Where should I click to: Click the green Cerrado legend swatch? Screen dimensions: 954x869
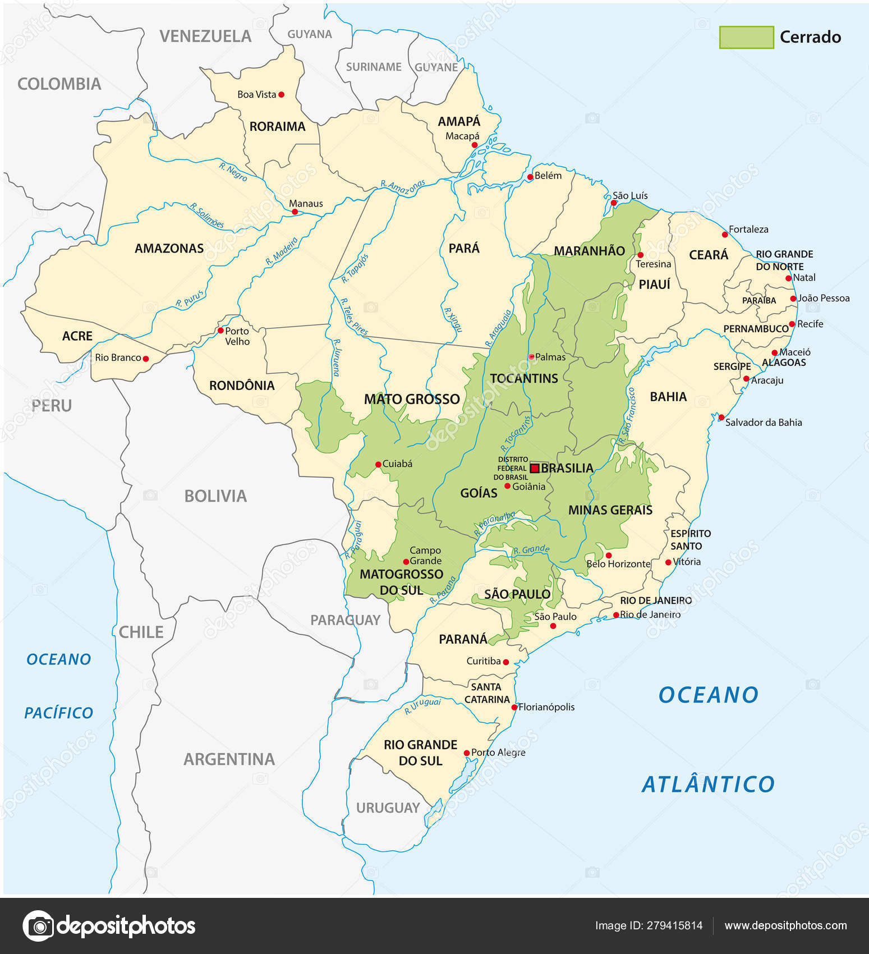[x=746, y=37]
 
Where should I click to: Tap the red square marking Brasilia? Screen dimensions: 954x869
[x=535, y=467]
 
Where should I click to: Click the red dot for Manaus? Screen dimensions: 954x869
[x=295, y=212]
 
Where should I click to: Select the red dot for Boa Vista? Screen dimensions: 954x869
[x=281, y=94]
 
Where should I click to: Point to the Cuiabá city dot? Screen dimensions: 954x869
[x=378, y=464]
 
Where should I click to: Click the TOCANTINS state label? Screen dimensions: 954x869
[x=524, y=378]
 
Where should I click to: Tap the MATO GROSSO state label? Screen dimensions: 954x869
[x=412, y=399]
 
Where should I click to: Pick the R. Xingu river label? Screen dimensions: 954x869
[x=452, y=320]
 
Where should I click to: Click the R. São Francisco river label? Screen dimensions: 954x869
[x=627, y=415]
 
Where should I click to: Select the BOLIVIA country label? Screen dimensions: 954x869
[x=215, y=496]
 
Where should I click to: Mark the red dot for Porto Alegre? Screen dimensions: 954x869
[x=466, y=753]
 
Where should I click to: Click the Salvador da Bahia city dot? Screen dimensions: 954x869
[x=721, y=417]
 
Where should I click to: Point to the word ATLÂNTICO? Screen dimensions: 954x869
[x=708, y=784]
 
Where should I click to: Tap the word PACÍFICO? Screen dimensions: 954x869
[x=58, y=713]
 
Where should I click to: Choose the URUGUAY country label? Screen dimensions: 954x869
[x=388, y=808]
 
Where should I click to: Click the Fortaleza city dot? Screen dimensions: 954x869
[x=724, y=235]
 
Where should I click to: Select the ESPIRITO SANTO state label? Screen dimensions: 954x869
[x=690, y=539]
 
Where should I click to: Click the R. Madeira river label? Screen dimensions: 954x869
[x=282, y=251]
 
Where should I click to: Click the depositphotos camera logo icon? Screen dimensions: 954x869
[x=38, y=925]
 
